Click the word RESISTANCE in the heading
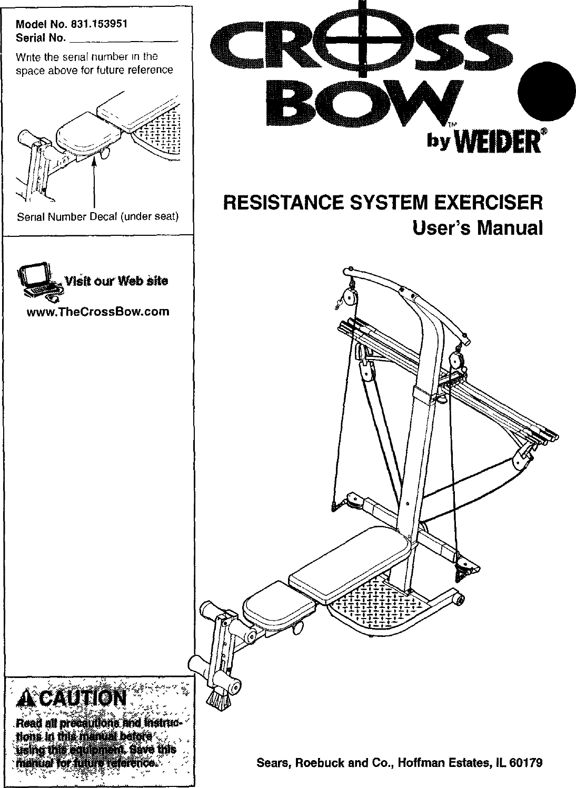pos(280,203)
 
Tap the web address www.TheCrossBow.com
pos(98,311)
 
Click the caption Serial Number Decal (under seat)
pos(98,216)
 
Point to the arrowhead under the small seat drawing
pos(95,164)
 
